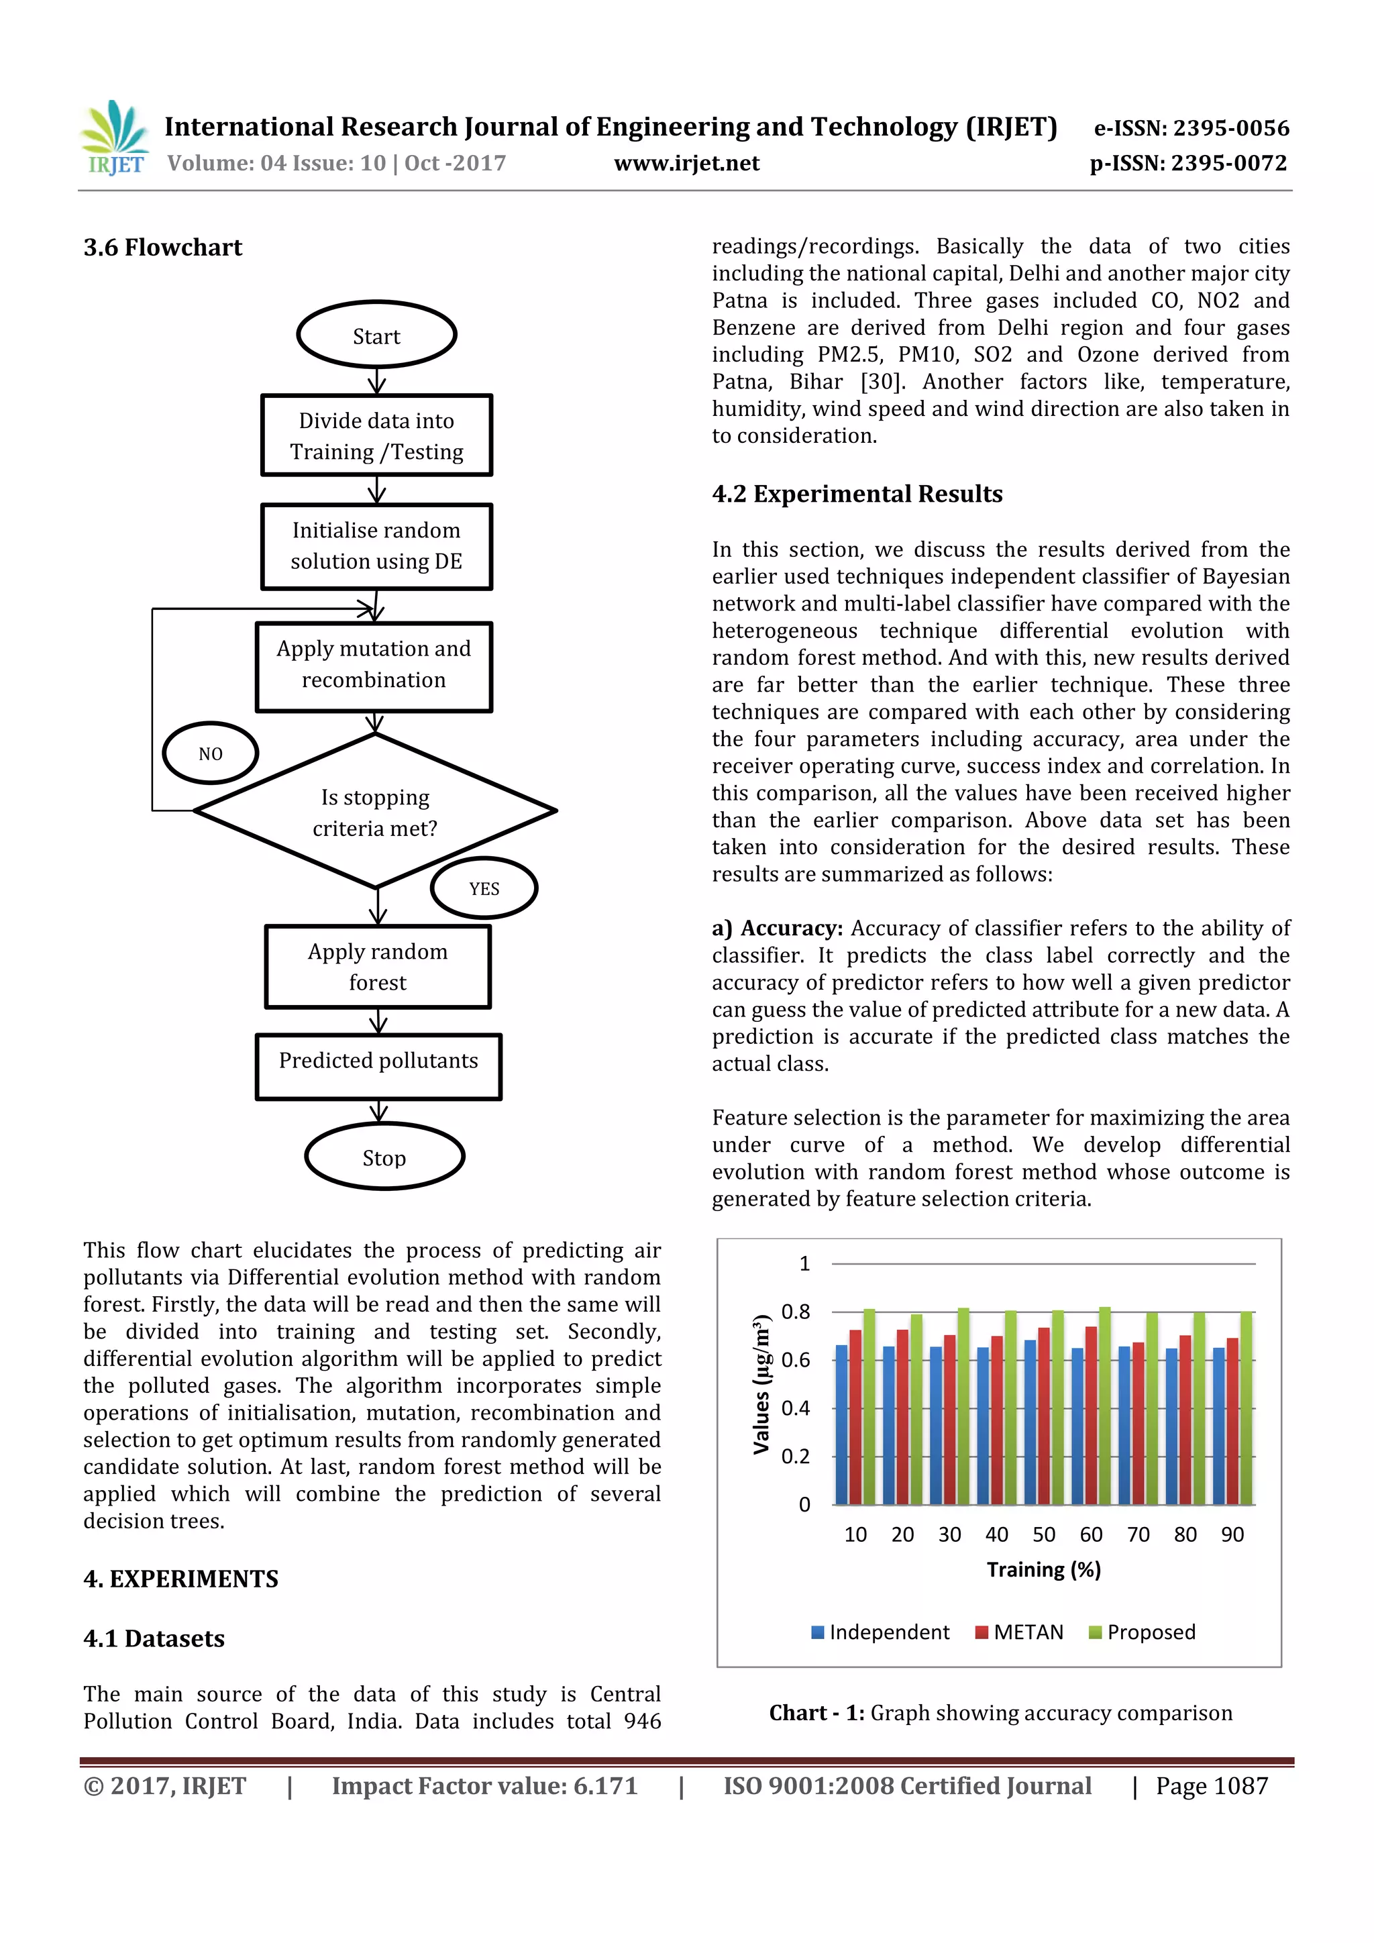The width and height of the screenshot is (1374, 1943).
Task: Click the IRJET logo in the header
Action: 114,138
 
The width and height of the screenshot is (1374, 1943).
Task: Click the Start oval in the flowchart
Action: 376,335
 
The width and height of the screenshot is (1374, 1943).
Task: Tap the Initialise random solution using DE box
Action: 376,546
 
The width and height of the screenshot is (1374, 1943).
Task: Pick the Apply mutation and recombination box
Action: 374,665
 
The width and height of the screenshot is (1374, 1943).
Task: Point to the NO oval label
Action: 210,753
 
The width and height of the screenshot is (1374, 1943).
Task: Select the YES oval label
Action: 484,888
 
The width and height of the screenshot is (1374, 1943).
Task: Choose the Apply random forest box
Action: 377,966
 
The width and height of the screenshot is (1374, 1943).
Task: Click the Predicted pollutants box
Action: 378,1065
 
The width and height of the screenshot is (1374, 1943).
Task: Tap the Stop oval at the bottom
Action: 384,1157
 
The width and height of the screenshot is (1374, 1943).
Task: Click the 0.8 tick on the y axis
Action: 794,1312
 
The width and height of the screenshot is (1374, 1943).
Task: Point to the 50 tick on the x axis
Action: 1043,1534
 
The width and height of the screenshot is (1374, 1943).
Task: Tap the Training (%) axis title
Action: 1043,1570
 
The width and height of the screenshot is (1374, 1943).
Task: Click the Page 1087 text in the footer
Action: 1212,1785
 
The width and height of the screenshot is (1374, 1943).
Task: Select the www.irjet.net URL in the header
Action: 686,163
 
